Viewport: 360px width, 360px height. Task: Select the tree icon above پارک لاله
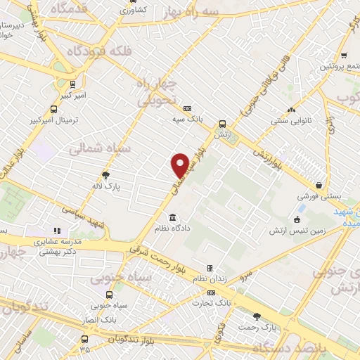point(106,175)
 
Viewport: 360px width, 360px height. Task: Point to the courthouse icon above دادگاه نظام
point(173,217)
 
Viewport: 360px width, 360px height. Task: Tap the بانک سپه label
point(188,120)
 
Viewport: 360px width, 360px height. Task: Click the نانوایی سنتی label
point(291,121)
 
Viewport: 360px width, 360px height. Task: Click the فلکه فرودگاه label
point(99,51)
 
